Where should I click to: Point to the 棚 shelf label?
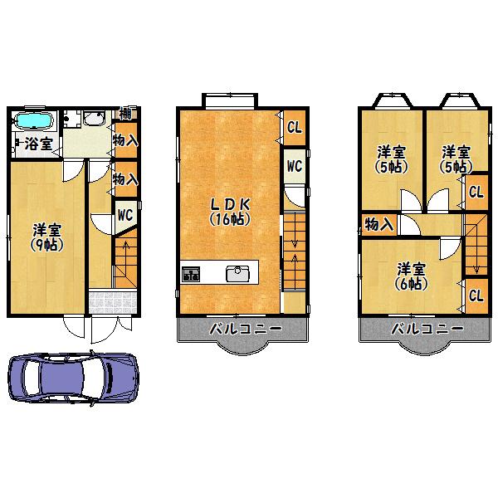[126, 114]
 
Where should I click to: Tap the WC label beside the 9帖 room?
[126, 214]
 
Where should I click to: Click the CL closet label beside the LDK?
[294, 127]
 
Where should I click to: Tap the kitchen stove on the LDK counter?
[191, 274]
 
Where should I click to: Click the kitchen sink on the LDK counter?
[239, 272]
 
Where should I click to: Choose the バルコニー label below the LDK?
[244, 329]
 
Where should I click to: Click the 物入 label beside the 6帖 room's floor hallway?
[379, 224]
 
